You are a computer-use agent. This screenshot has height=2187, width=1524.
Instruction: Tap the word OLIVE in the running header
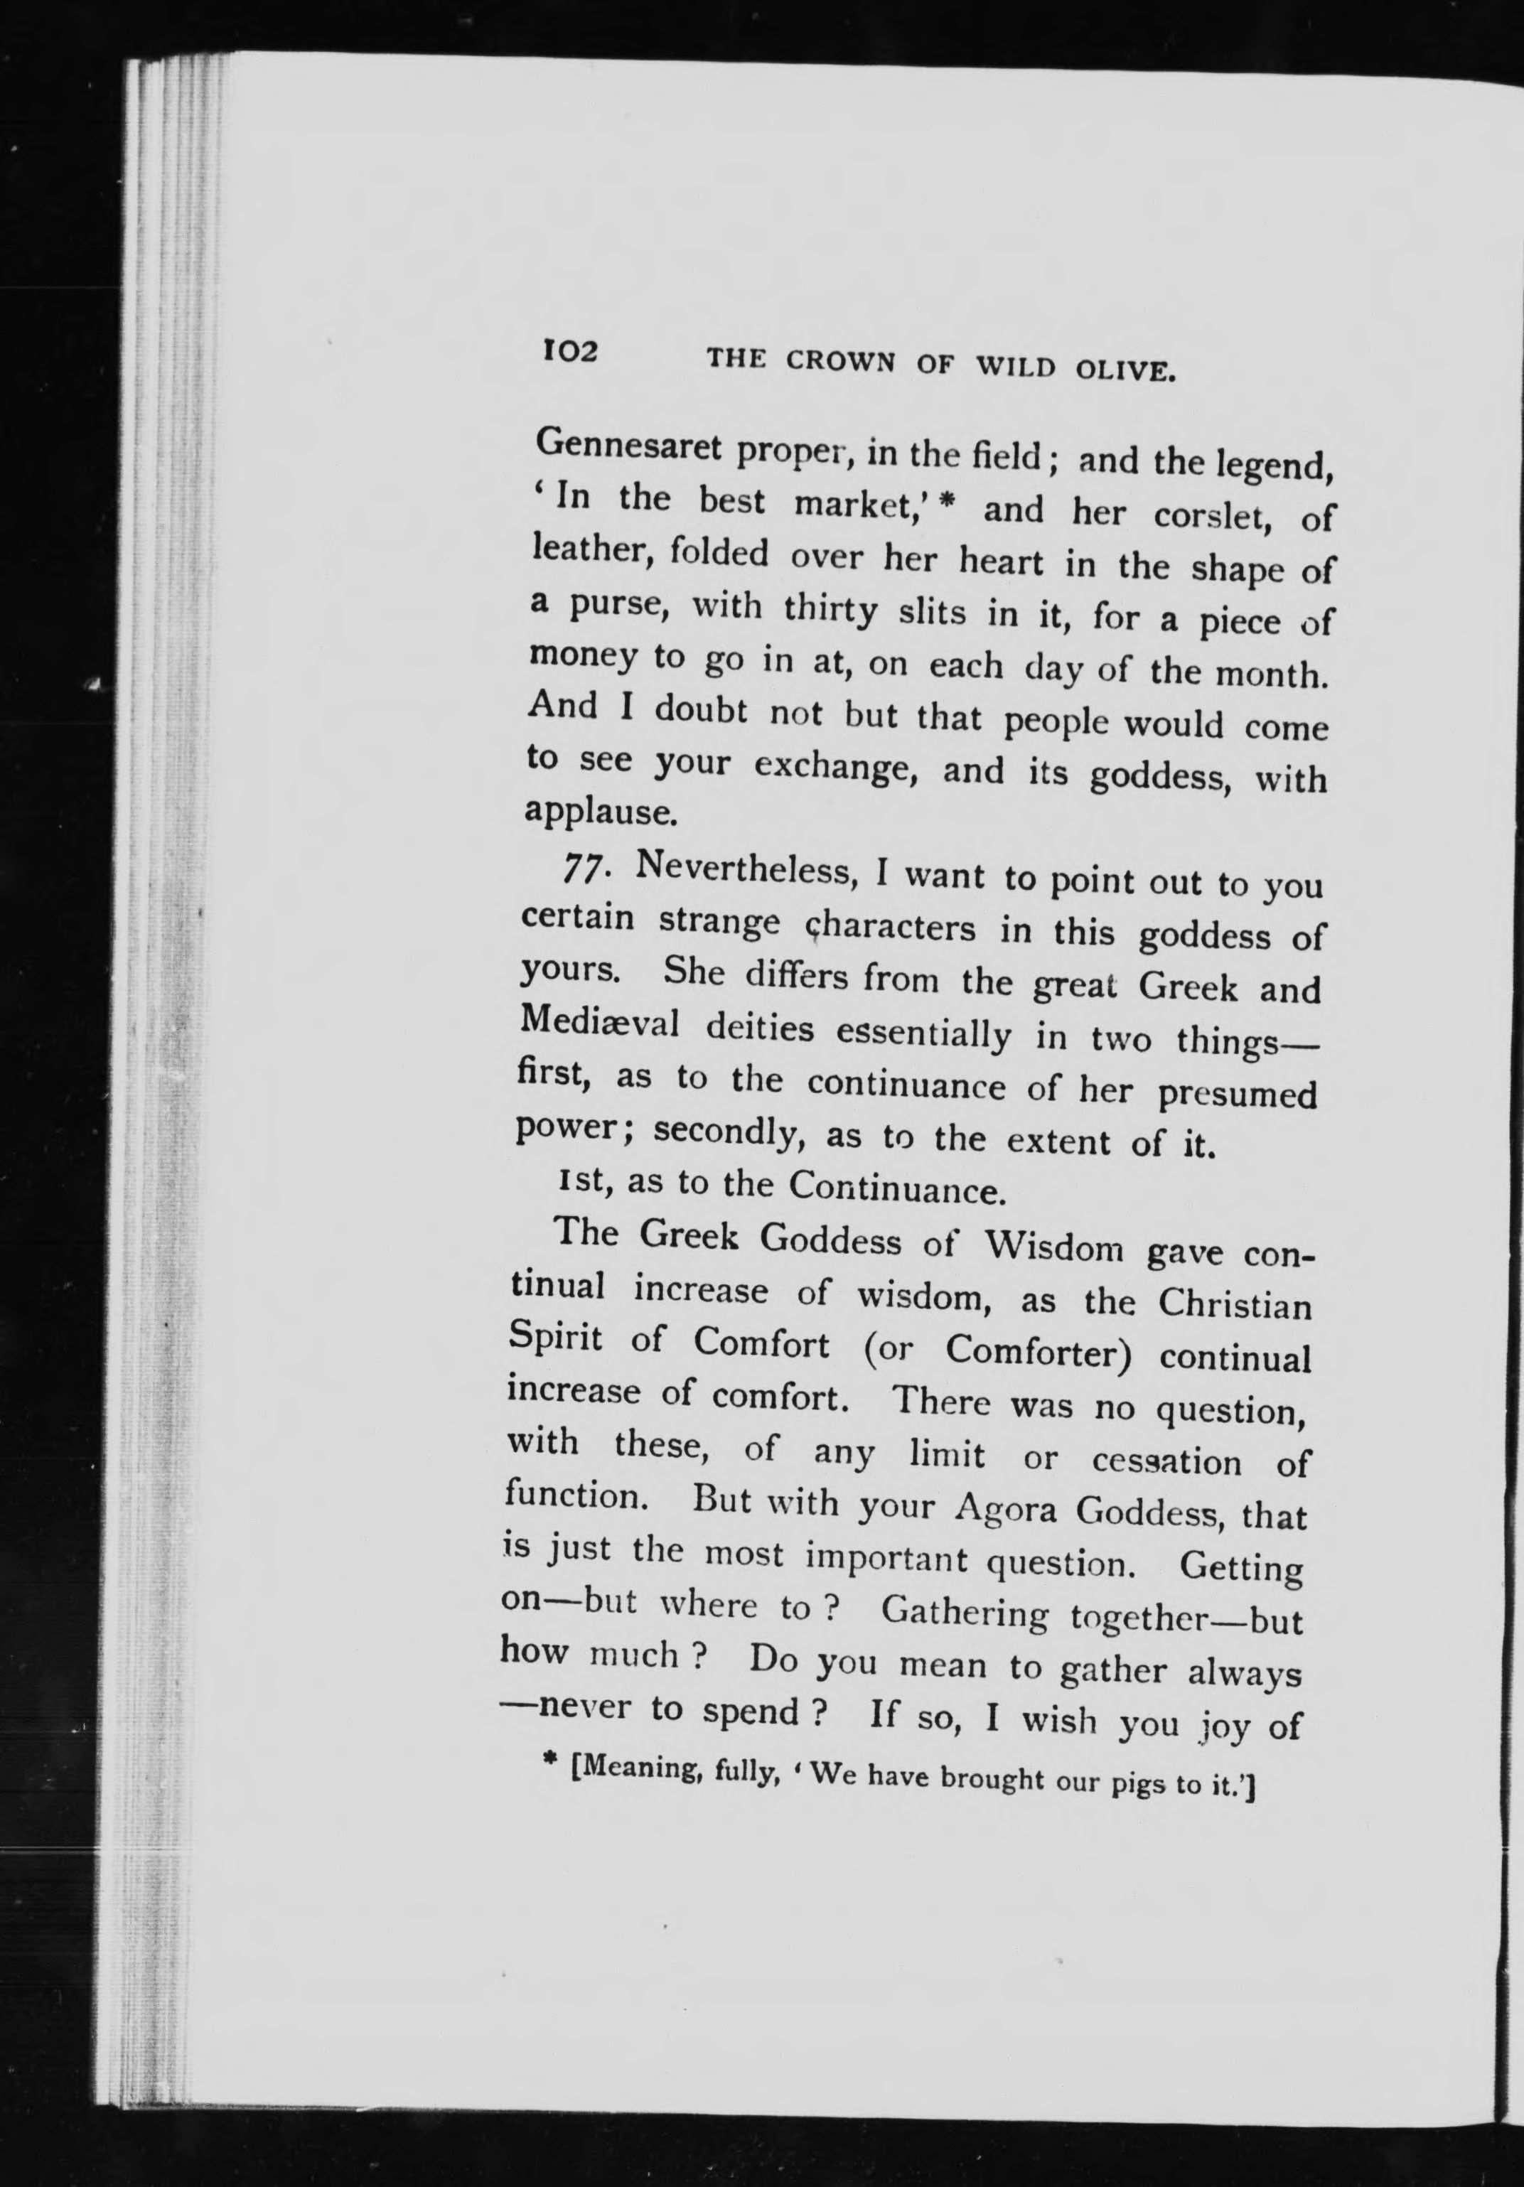click(1125, 370)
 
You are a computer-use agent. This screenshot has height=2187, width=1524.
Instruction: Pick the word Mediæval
click(599, 1023)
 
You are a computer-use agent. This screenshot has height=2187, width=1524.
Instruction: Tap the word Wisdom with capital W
click(1054, 1246)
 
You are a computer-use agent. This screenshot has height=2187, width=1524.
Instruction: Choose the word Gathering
click(964, 1611)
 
